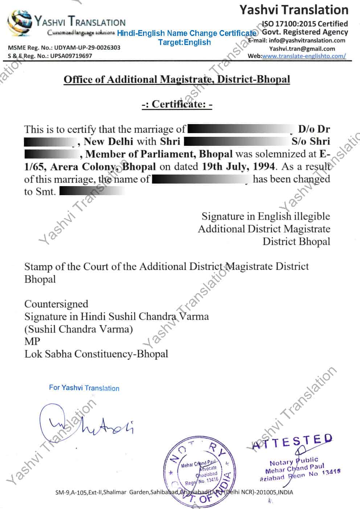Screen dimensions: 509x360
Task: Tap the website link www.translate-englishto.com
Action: tap(303, 56)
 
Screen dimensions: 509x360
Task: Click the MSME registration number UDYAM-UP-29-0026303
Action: tap(87, 48)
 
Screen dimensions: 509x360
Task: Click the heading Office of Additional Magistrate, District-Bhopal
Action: tap(177, 79)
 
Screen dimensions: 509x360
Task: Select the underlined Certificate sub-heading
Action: tap(177, 104)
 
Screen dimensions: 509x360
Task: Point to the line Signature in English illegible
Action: tap(266, 217)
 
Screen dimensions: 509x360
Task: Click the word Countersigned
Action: tap(56, 304)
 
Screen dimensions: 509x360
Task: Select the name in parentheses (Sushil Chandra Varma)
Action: tap(78, 329)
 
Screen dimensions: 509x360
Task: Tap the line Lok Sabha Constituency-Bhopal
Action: tap(96, 354)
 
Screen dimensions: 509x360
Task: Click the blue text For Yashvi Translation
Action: tap(84, 388)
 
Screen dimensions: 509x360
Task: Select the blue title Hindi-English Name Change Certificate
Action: tap(187, 33)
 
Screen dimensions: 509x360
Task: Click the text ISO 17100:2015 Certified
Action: tap(305, 24)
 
